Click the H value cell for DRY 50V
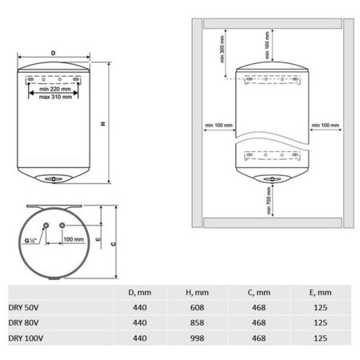[197, 307]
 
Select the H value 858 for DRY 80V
[197, 322]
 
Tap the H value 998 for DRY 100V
[197, 338]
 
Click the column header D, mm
[140, 293]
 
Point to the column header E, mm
[320, 293]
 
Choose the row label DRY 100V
[26, 338]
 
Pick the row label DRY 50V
[23, 307]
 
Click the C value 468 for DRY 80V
[258, 322]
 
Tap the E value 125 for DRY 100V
[320, 338]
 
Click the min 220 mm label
[55, 89]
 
